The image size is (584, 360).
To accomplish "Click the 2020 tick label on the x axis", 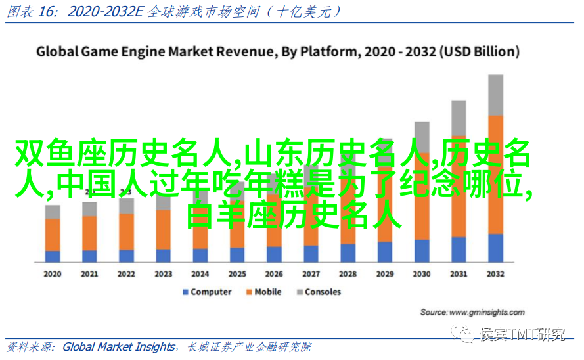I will pos(53,274).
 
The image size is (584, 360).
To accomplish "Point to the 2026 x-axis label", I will pos(274,274).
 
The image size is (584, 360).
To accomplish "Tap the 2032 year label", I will pos(496,274).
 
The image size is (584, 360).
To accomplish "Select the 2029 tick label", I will pos(385,274).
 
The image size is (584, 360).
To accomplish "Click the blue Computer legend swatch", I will pos(186,292).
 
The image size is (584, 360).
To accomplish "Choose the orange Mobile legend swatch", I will pos(249,292).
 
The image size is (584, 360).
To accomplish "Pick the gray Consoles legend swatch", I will pos(300,292).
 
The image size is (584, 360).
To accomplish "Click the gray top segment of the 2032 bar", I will pos(496,95).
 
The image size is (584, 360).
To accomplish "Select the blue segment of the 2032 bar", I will pos(496,248).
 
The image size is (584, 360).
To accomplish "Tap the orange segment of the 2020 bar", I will pos(53,235).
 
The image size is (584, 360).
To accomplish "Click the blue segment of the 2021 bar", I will pos(89,256).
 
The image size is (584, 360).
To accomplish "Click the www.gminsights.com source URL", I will pos(483,312).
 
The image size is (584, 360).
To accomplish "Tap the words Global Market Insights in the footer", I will pos(119,347).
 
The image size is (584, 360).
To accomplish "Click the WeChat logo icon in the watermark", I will pos(466,335).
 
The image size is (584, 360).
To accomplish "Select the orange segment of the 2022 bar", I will pos(127,231).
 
